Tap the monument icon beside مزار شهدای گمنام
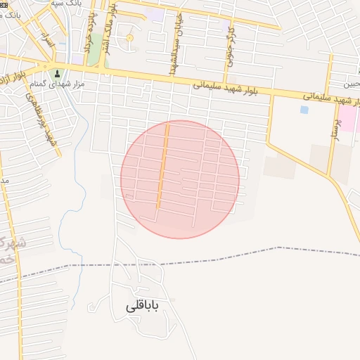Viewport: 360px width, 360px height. click(58, 73)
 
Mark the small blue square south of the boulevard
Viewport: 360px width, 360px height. click(304, 110)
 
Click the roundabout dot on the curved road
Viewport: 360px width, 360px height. click(129, 38)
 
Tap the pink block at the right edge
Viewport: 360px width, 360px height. click(351, 119)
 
